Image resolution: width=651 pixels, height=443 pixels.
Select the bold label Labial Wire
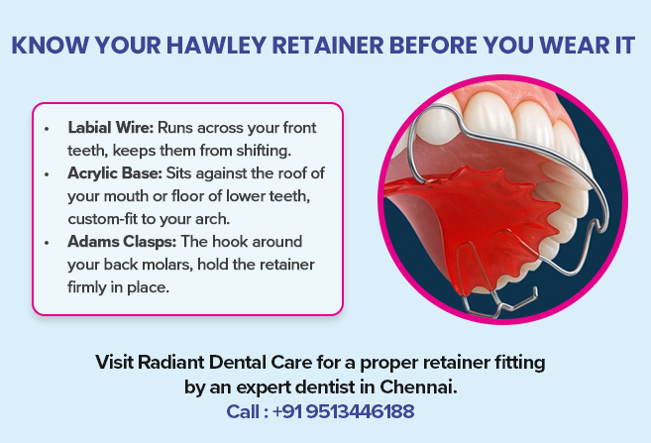coord(110,129)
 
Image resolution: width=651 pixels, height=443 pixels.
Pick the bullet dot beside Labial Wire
coord(50,130)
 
